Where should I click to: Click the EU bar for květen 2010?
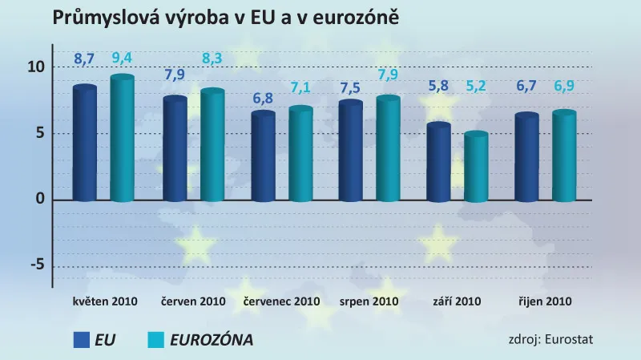[84, 143]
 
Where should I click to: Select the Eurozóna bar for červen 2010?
[212, 145]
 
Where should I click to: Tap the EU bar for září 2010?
[438, 162]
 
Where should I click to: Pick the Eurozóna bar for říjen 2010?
[563, 156]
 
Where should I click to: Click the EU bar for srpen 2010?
[350, 151]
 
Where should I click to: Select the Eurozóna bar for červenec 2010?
[300, 154]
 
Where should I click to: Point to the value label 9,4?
[122, 58]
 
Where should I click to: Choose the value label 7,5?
[350, 87]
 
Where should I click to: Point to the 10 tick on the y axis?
[34, 67]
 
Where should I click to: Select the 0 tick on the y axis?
[38, 200]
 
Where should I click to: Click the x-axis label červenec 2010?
[281, 302]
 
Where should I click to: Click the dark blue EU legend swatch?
[81, 340]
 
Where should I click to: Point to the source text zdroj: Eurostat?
[550, 339]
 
